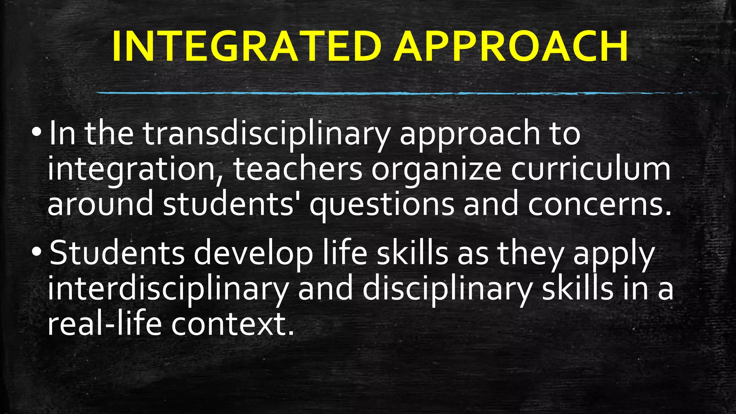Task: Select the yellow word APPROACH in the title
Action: tap(511, 47)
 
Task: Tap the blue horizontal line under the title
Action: tap(359, 93)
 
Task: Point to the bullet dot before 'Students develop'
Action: tap(37, 253)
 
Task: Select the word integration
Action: tap(132, 170)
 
